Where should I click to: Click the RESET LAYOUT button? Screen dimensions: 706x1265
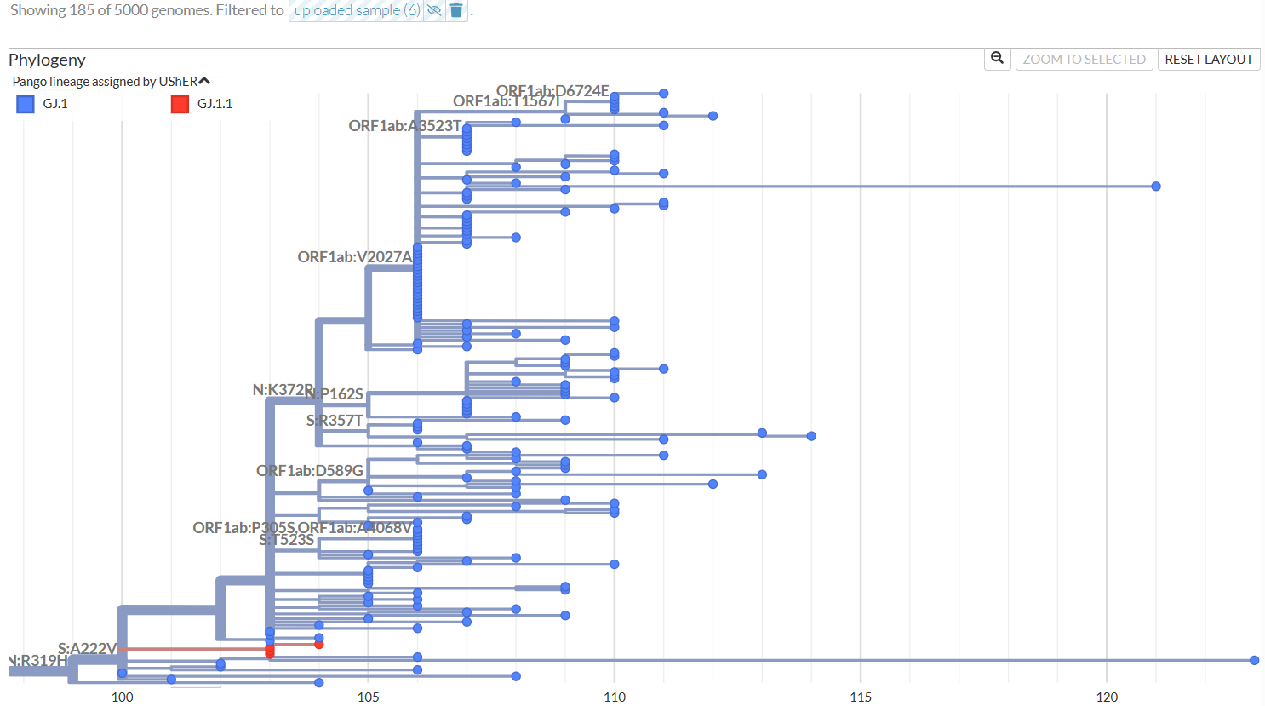pos(1208,60)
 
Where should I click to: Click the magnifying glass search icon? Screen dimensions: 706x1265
pos(997,59)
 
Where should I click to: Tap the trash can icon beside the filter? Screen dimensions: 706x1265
pos(456,10)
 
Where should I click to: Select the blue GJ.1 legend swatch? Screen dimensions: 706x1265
pos(26,104)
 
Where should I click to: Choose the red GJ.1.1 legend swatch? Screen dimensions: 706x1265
pos(180,104)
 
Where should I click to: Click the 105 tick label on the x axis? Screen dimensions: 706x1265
pos(368,697)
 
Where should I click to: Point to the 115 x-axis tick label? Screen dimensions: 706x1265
pos(860,697)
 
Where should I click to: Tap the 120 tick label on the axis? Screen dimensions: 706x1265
pos(1106,697)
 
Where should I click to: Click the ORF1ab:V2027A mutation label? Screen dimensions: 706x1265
pos(354,257)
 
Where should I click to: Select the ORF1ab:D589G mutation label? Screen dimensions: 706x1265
pos(310,471)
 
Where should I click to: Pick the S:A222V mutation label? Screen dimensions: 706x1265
pos(87,649)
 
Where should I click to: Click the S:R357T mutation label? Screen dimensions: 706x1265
pos(334,421)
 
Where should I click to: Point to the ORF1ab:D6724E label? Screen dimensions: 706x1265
pos(552,91)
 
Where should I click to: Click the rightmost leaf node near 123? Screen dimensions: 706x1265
pos(1254,660)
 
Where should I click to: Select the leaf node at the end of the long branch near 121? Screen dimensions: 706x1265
pos(1155,187)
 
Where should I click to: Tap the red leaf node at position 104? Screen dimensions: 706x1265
pos(319,645)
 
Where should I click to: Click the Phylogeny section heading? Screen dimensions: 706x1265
pos(47,60)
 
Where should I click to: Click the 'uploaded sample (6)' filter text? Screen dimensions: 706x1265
pos(357,10)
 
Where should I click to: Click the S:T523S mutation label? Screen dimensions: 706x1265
pos(286,540)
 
